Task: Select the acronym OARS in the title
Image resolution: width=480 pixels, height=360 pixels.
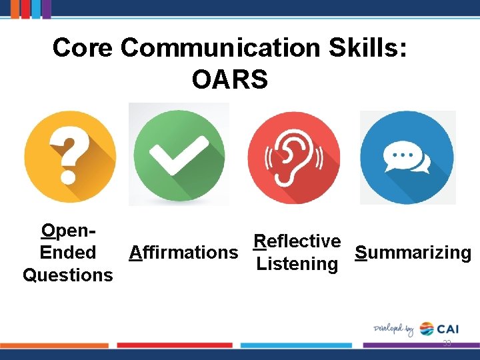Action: (x=229, y=80)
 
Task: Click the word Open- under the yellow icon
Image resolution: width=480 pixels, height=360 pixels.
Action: (x=67, y=231)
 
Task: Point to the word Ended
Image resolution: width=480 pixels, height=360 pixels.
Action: (x=67, y=253)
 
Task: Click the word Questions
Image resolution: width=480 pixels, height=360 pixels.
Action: (x=67, y=275)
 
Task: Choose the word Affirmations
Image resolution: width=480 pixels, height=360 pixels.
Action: (x=183, y=253)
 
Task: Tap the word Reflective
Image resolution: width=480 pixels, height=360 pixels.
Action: (x=297, y=241)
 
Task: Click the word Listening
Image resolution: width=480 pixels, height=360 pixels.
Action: (x=297, y=264)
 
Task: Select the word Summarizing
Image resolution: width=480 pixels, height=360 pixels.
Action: (x=413, y=253)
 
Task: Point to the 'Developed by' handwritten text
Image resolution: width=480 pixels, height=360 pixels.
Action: (x=393, y=329)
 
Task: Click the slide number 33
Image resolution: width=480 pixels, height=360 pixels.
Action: (x=447, y=343)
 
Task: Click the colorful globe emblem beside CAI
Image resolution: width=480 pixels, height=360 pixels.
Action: (x=426, y=329)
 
